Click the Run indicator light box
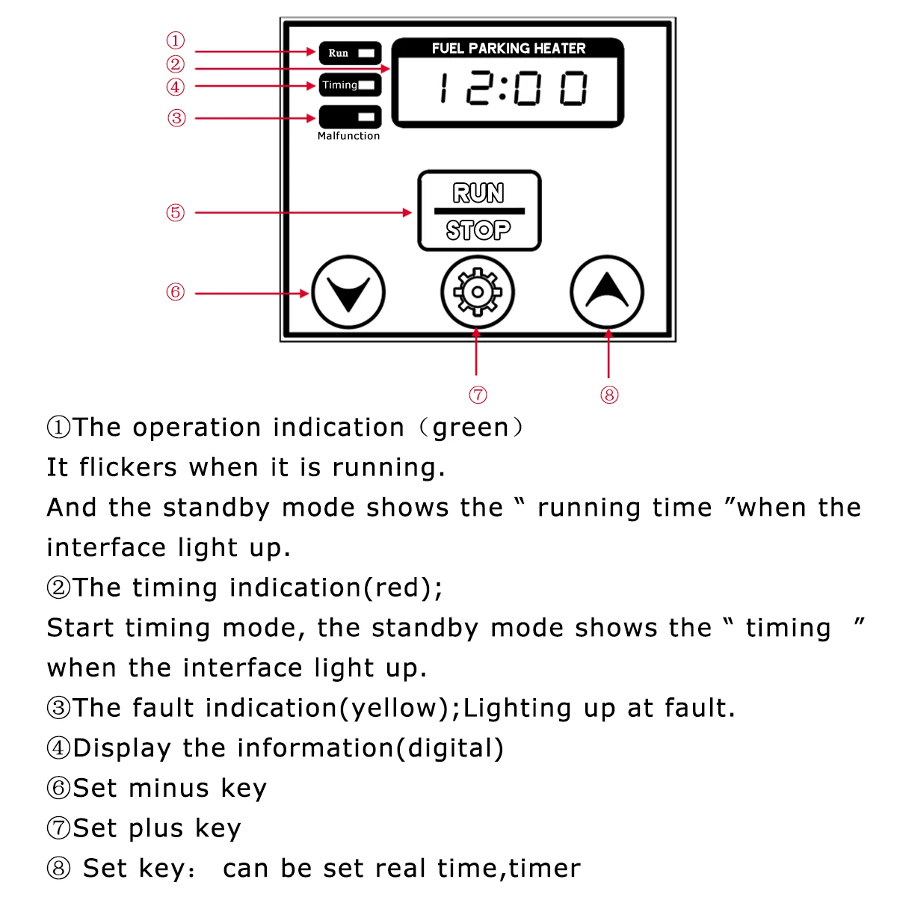(x=350, y=53)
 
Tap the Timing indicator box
(x=350, y=85)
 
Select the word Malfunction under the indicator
(x=348, y=136)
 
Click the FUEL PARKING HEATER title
(x=508, y=49)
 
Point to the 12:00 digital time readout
(x=513, y=89)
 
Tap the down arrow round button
(x=348, y=292)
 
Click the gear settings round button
(x=477, y=292)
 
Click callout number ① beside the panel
(x=175, y=40)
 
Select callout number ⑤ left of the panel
(x=175, y=212)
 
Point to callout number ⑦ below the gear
(x=478, y=395)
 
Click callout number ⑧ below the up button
(x=609, y=395)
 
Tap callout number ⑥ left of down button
(x=175, y=292)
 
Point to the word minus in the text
(x=168, y=789)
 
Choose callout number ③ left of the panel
(x=176, y=118)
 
